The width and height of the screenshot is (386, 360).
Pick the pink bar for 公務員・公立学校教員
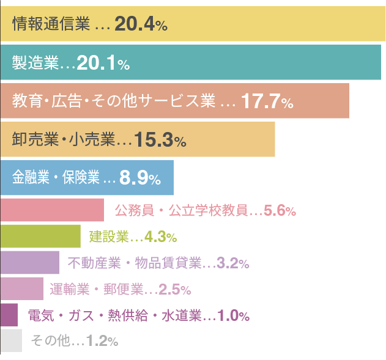(52, 210)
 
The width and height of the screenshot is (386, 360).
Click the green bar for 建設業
(40, 236)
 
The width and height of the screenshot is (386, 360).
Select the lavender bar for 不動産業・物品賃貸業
(29, 263)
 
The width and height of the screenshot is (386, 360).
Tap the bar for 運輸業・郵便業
(22, 288)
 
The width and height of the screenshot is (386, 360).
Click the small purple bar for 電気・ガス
(9, 315)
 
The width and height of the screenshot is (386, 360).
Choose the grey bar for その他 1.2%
(11, 340)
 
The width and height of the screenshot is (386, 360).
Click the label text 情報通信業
(51, 24)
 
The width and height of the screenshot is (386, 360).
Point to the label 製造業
(35, 63)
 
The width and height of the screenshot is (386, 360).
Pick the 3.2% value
(233, 263)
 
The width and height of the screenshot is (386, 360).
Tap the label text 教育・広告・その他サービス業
(114, 101)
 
